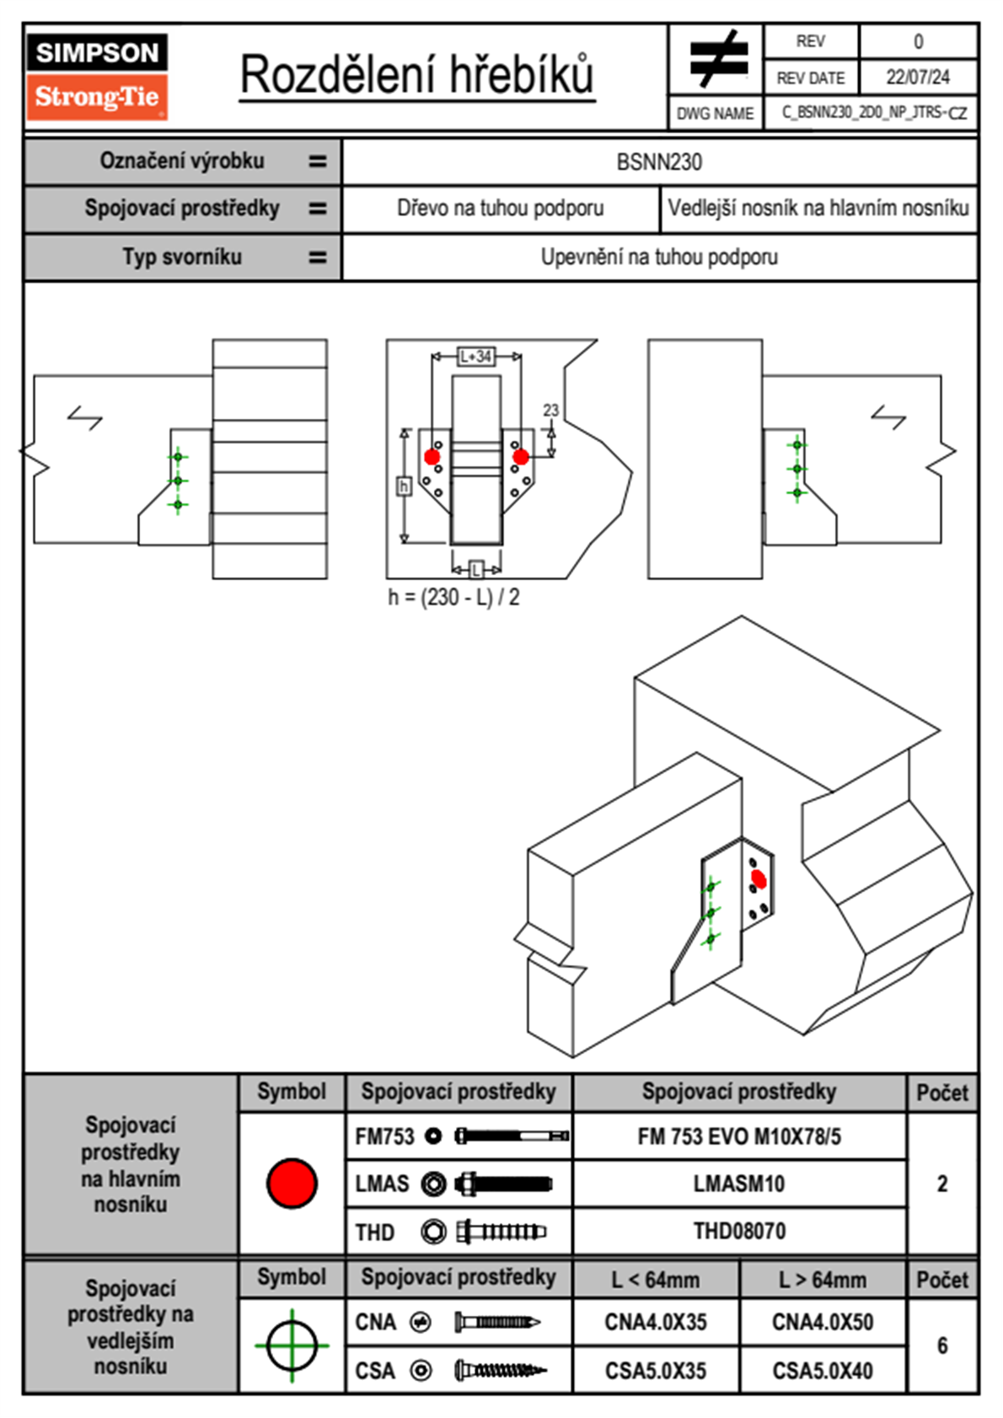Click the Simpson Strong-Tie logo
pos(97,77)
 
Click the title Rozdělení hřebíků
pos(417,76)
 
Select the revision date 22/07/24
pos(917,78)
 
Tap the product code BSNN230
pos(659,162)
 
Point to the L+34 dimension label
pos(475,357)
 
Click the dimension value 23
pos(550,411)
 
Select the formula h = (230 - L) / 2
pos(453,598)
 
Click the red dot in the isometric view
pos(759,879)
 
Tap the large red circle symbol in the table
pos(292,1183)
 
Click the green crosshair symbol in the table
pos(292,1345)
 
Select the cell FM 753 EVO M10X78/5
pos(739,1137)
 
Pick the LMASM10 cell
pos(739,1184)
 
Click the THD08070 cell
pos(739,1231)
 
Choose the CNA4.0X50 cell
pos(823,1322)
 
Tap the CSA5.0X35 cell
pos(656,1371)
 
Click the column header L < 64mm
pos(656,1280)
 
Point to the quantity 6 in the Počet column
pos(942,1345)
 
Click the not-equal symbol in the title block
pos(717,60)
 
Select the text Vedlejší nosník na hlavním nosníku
pos(818,208)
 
